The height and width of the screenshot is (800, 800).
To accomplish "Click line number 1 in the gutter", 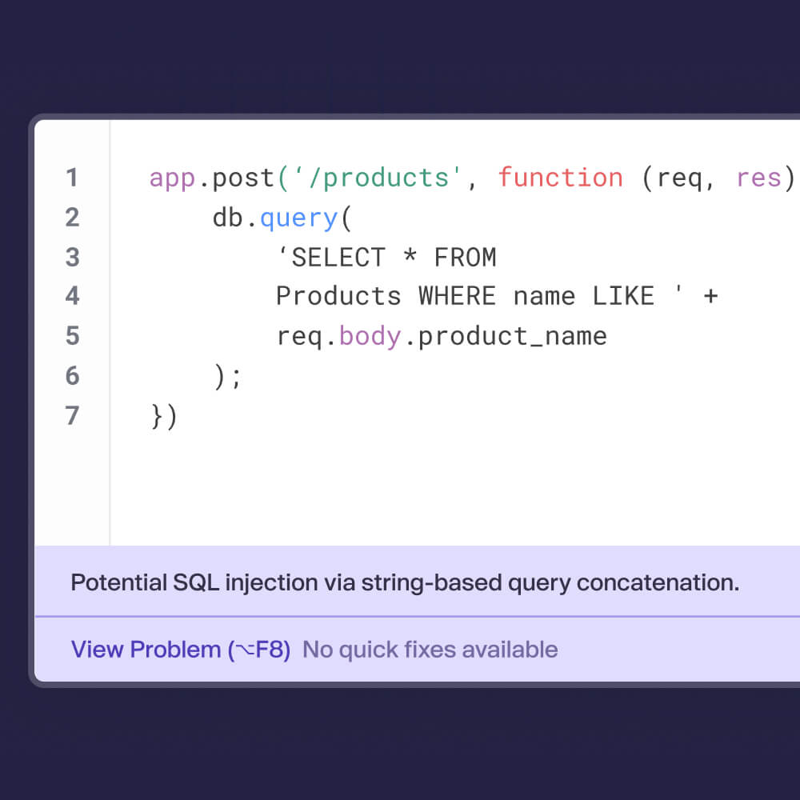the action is (72, 178).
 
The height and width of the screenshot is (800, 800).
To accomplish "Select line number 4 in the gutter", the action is (72, 296).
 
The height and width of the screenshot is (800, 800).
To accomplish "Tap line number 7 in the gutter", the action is (72, 415).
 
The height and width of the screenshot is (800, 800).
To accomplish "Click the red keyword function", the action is (560, 178).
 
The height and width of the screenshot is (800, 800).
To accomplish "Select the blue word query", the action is (299, 219).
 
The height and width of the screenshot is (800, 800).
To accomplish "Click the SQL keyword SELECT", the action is (338, 257).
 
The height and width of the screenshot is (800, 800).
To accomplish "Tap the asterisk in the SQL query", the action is (410, 254).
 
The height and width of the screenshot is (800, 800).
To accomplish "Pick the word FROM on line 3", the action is (465, 257).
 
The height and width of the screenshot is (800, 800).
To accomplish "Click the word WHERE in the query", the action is (457, 297).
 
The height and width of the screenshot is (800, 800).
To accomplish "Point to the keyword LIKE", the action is (623, 297).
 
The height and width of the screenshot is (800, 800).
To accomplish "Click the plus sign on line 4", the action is (710, 296).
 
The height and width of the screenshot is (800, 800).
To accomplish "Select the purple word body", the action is (370, 337).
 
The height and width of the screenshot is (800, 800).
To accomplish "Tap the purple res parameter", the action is (758, 178).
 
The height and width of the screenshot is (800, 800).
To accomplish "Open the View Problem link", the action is (181, 650).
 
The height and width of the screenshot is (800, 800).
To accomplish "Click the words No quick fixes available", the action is (430, 650).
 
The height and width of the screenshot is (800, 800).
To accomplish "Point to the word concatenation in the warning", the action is (658, 582).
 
